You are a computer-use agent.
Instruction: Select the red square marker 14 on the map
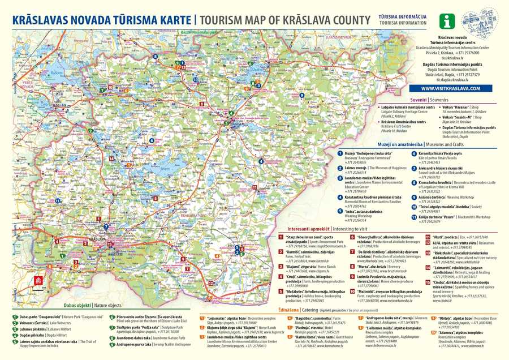coord(111,159)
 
